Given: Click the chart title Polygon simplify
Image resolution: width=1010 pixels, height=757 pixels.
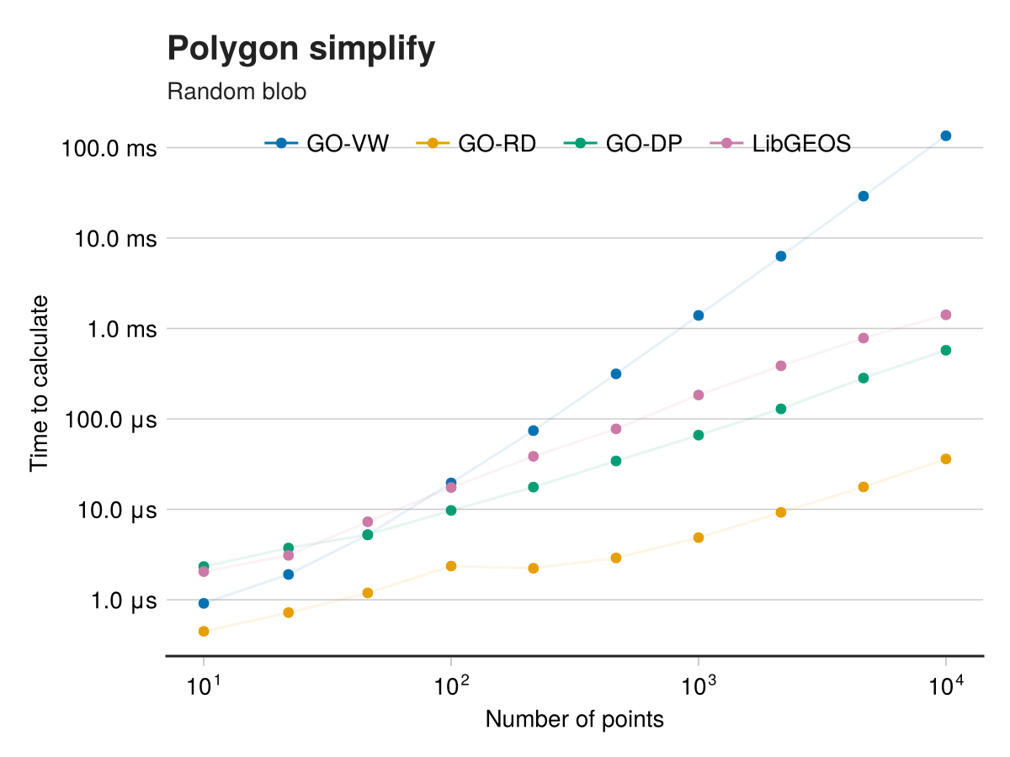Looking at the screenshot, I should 301,50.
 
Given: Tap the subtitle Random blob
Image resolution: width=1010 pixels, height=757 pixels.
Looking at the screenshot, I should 237,92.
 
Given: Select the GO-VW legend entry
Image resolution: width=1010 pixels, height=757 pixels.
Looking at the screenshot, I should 327,144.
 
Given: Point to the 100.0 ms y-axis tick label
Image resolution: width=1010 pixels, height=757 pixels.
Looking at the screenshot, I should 109,149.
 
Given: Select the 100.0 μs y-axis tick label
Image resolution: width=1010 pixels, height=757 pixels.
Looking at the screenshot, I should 109,420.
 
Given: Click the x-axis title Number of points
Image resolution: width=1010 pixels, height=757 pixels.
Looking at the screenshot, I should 575,720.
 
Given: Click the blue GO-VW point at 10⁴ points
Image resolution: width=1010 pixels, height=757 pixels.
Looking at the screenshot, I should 946,135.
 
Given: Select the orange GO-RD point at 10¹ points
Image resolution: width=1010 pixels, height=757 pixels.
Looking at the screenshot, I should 204,631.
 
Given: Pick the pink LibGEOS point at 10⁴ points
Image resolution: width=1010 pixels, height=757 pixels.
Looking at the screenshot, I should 946,315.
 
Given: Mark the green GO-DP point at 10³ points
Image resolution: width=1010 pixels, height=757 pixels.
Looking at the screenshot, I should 699,435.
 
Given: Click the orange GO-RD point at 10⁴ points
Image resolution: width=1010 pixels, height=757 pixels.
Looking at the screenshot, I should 946,458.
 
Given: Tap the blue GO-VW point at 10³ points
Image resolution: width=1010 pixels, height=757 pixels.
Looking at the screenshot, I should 699,315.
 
